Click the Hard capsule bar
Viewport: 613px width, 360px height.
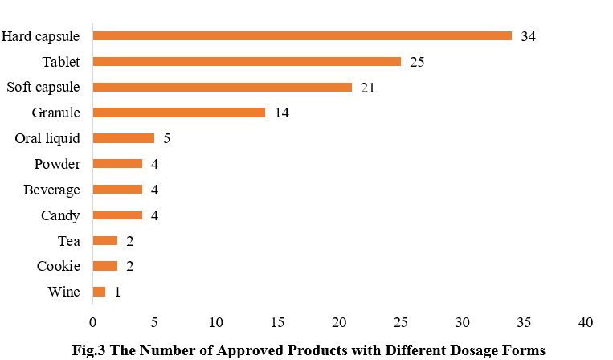pos(301,35)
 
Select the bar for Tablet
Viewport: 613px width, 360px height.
pos(247,61)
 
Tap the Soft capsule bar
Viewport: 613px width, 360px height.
pos(222,87)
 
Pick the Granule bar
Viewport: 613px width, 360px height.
pos(178,112)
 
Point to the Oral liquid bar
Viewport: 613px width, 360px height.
pos(123,138)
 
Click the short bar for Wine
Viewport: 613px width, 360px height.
pos(99,292)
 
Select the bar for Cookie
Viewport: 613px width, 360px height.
pos(104,266)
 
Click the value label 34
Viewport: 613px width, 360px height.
pos(528,36)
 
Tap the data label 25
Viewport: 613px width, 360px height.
pos(417,62)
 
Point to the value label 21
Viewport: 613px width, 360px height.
pos(368,88)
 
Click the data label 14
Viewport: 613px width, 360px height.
pos(281,113)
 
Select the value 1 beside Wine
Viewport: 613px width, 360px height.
pos(117,292)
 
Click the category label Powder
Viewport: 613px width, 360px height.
pos(57,164)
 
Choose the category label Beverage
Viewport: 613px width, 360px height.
pos(51,190)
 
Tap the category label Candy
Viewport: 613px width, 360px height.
pos(61,215)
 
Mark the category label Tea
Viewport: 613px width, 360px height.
pos(69,241)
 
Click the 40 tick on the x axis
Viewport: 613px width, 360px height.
pos(586,322)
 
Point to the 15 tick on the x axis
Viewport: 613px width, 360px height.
pos(277,322)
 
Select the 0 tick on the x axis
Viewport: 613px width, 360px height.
pos(92,322)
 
